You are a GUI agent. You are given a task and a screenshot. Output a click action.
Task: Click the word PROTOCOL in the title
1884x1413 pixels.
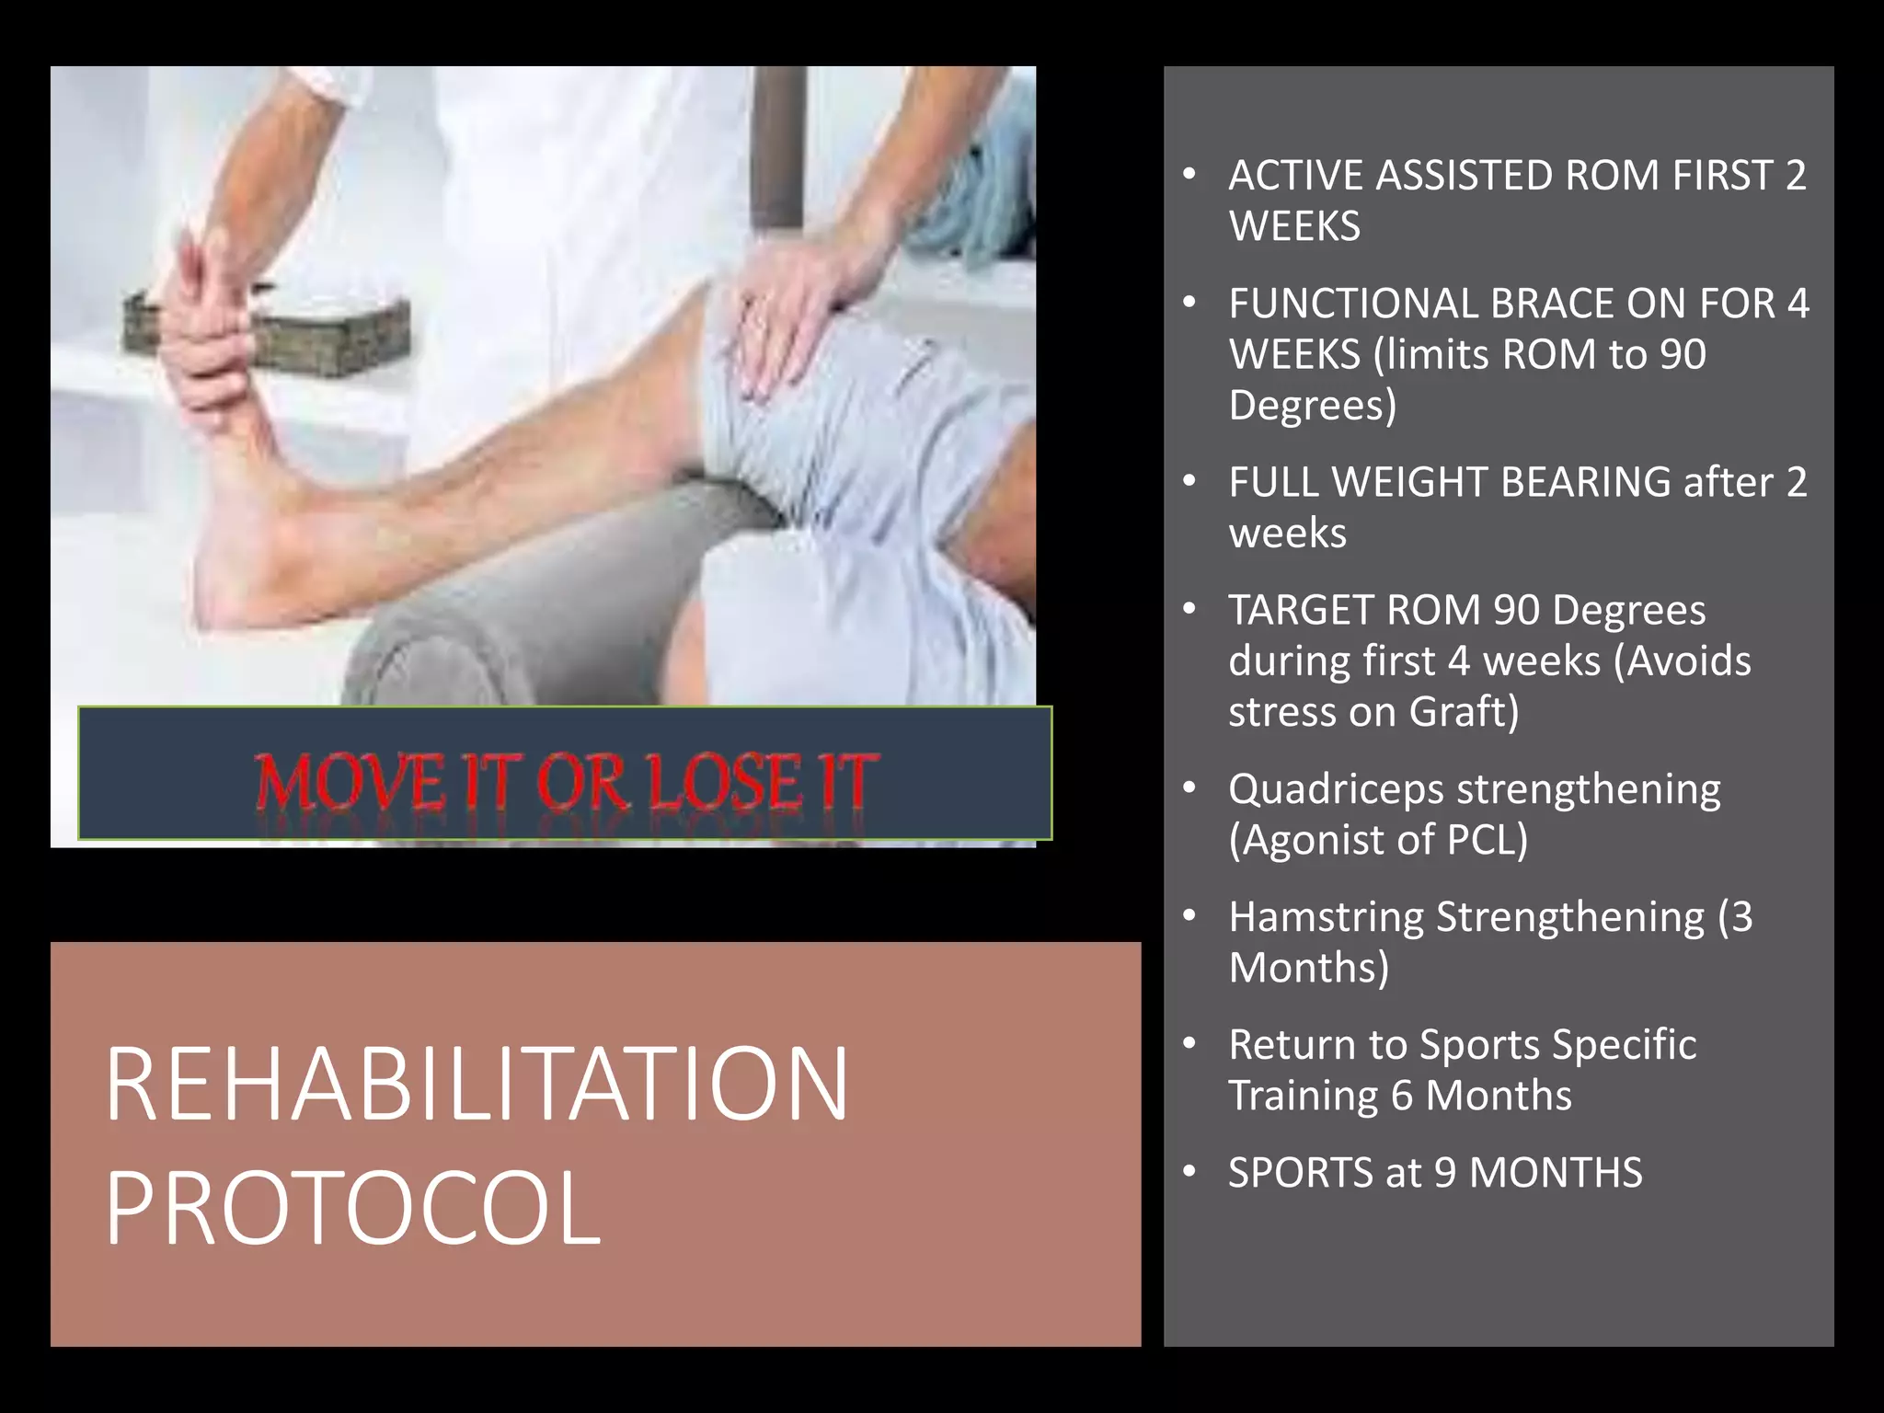[x=353, y=1209]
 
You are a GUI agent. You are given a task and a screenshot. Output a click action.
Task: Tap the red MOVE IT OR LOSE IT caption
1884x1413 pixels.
[x=565, y=782]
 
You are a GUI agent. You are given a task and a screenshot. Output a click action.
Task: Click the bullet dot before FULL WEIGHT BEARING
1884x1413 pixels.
[x=1189, y=481]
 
